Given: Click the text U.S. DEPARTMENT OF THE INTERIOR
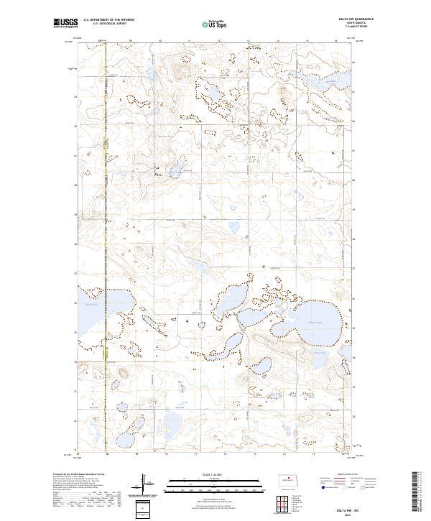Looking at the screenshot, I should tap(109, 19).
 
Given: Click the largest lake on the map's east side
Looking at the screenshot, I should tap(317, 316).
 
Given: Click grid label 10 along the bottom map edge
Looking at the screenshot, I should tap(166, 454).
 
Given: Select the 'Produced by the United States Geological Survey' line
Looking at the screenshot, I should tap(79, 475).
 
